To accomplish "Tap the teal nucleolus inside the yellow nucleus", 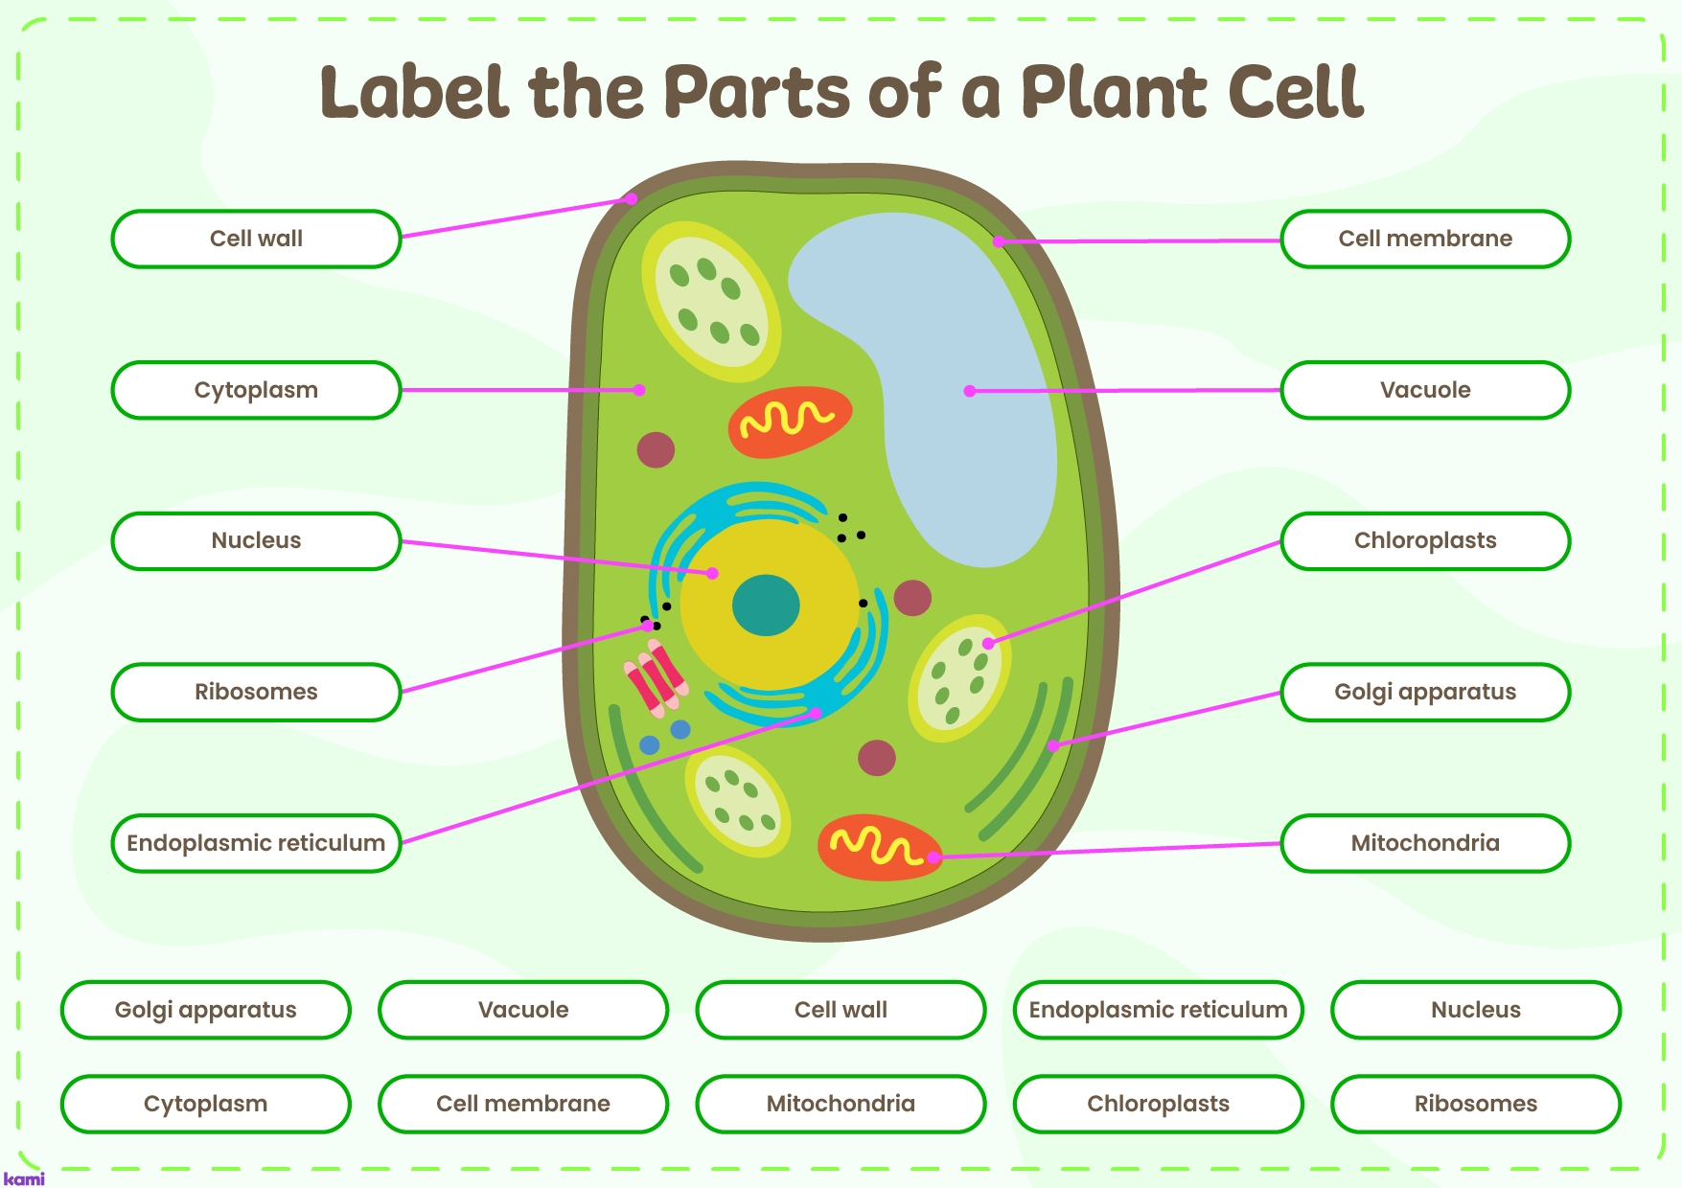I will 766,605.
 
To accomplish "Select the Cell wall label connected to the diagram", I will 256,239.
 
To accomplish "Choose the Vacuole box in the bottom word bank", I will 523,1010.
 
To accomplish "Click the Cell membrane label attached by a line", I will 1424,239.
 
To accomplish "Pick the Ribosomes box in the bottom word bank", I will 1475,1104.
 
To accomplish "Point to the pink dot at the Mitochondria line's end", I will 934,857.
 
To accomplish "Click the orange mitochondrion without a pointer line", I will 790,422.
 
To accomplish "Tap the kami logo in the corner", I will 24,1178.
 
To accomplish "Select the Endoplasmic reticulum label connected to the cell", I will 256,843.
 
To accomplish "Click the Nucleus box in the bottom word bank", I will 1475,1010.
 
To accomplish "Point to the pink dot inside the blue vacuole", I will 970,391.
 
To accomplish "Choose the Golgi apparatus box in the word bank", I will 205,1010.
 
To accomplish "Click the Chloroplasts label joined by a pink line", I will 1424,540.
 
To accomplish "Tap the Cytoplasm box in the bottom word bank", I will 205,1104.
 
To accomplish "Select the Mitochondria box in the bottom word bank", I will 841,1104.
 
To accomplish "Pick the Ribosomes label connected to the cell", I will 256,692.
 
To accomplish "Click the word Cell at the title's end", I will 1296,93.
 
